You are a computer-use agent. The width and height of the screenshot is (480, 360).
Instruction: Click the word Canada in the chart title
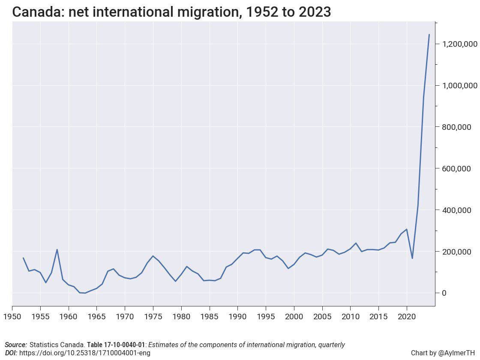(x=37, y=12)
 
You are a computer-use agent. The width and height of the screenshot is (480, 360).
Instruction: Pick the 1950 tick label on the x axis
(x=12, y=317)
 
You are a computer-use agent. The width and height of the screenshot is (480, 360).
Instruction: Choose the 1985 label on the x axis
(x=210, y=317)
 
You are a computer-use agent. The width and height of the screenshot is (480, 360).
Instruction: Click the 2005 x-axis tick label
(x=322, y=317)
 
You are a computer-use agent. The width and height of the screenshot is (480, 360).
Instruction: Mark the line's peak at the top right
(x=429, y=34)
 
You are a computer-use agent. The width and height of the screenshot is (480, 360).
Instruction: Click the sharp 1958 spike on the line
(x=57, y=249)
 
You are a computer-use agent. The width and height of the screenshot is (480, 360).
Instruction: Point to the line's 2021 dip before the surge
(x=412, y=258)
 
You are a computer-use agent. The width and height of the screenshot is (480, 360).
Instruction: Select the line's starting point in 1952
(x=23, y=258)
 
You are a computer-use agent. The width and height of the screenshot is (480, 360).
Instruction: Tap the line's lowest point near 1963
(x=85, y=293)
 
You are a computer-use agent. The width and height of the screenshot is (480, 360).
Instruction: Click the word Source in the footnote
(x=15, y=345)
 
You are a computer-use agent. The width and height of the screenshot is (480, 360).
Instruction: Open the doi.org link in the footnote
(x=84, y=353)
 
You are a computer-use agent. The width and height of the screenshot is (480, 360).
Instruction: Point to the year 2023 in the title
(x=315, y=12)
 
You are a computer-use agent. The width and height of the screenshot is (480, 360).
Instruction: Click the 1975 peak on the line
(x=153, y=256)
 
